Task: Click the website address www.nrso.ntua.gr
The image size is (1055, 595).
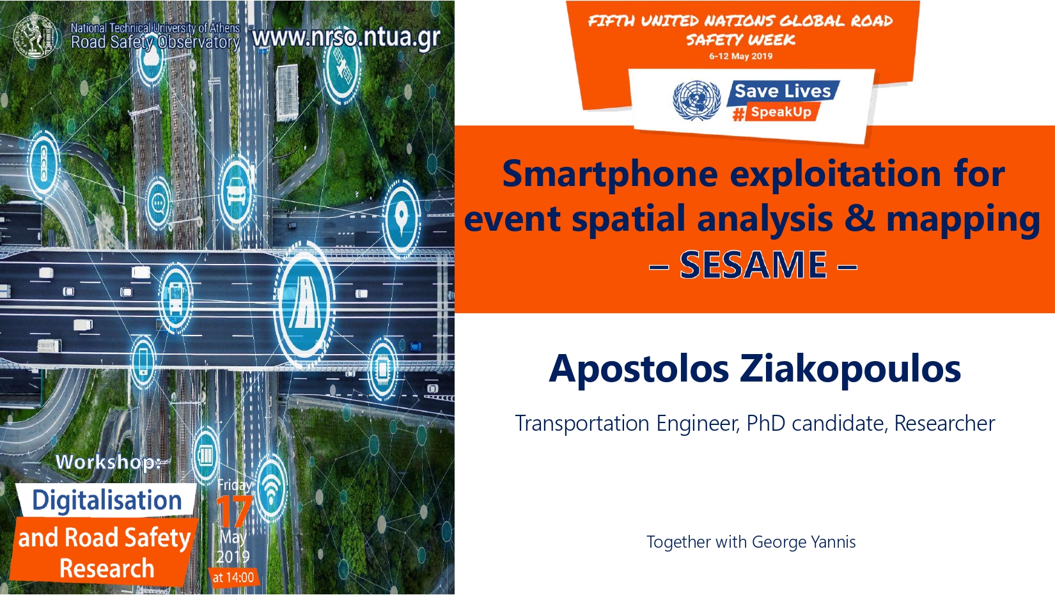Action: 346,38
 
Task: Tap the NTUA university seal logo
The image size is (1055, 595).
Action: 36,36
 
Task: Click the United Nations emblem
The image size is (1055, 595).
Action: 696,100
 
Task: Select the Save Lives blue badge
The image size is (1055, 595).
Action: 783,91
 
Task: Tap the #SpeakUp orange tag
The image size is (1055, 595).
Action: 776,112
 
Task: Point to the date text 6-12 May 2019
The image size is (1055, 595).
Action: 741,56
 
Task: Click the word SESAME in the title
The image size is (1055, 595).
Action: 753,265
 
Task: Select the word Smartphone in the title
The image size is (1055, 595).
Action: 609,175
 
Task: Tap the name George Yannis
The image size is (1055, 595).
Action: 804,542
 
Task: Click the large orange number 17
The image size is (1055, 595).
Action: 234,511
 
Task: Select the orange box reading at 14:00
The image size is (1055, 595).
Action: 233,577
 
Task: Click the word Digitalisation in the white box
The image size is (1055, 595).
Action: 107,500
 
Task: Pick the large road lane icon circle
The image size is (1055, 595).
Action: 304,305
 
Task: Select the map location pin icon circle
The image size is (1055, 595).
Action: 402,219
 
